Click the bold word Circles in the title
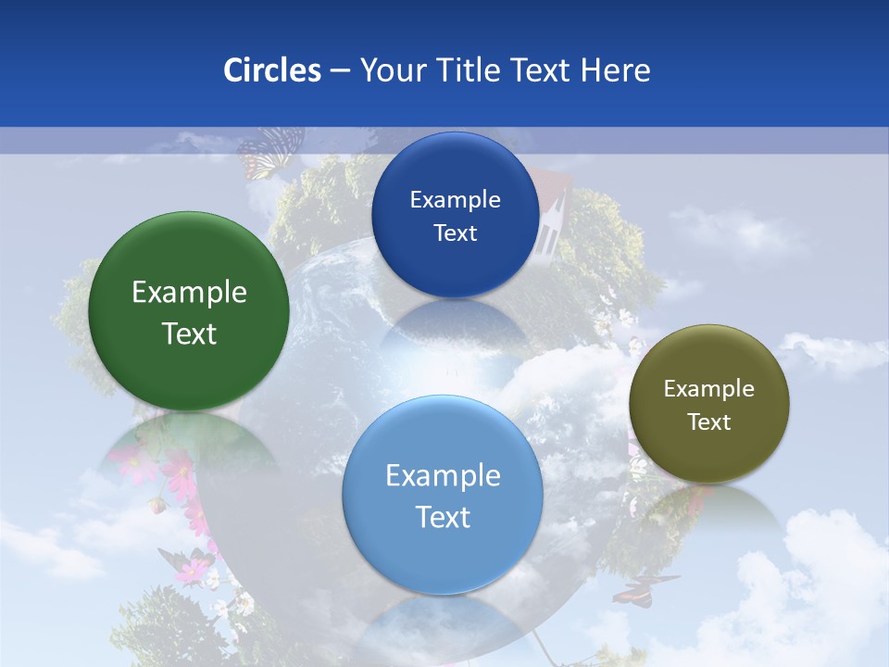(x=272, y=69)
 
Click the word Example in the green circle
(x=189, y=293)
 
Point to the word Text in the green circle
(x=189, y=333)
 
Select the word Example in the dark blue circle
(x=455, y=199)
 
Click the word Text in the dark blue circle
(x=455, y=233)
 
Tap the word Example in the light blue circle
(x=443, y=475)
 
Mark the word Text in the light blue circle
(x=443, y=517)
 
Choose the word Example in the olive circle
(x=709, y=388)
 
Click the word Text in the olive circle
(x=709, y=422)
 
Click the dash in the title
(x=340, y=71)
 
